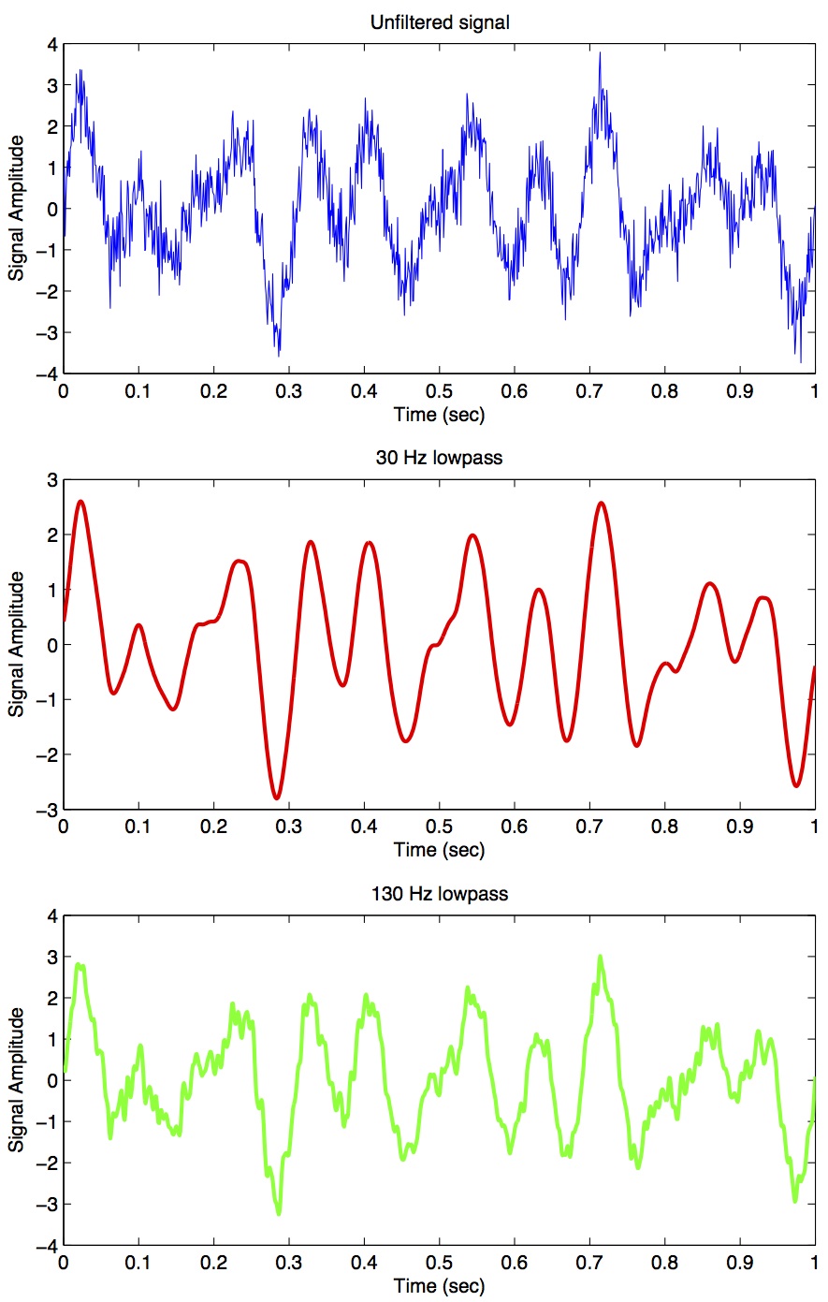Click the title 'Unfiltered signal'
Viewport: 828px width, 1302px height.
tap(440, 22)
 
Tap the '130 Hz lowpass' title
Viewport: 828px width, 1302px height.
tap(440, 893)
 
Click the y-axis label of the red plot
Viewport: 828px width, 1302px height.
tap(16, 645)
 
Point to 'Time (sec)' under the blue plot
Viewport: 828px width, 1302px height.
tap(440, 415)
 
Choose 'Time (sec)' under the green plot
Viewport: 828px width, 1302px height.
tap(440, 1285)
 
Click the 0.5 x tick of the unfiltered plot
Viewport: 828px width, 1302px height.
tap(440, 391)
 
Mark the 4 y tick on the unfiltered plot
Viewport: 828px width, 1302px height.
tap(52, 45)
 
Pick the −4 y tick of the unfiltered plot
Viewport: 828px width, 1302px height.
tap(48, 374)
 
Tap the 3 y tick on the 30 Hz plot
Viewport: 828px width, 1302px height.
tap(52, 480)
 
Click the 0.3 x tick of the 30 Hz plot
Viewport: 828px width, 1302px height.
tap(289, 827)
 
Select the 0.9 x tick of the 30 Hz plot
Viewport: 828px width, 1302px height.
tap(740, 827)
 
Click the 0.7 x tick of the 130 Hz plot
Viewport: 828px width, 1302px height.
tap(589, 1262)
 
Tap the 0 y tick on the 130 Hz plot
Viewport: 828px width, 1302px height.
tap(52, 1081)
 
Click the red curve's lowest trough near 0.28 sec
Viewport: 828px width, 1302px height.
tap(276, 797)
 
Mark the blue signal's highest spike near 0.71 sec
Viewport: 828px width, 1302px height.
tap(600, 52)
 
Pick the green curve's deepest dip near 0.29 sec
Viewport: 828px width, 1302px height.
tap(278, 1213)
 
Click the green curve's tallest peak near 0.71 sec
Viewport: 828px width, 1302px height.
tap(600, 957)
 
